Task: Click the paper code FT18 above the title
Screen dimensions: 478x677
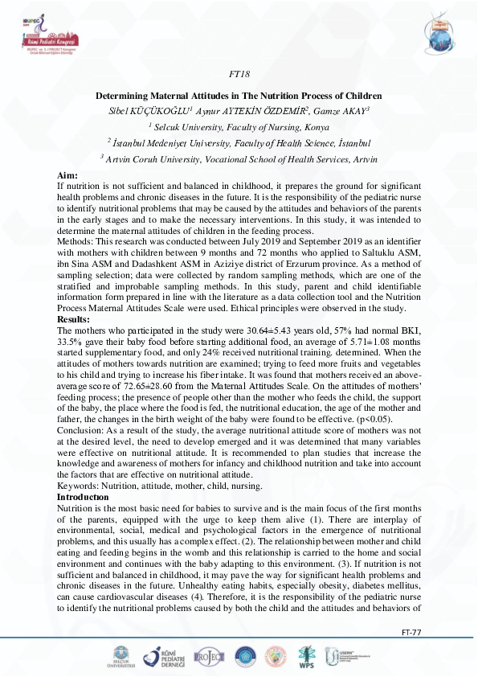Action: [238, 72]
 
